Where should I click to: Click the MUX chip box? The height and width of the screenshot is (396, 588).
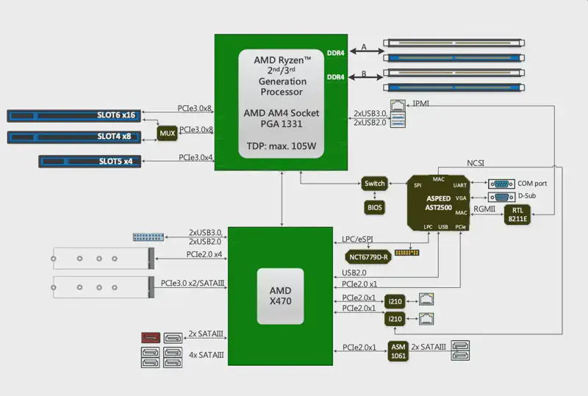168,133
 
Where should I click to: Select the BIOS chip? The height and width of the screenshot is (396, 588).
374,207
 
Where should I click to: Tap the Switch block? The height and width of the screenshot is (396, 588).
375,184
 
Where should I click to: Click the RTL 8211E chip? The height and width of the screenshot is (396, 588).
517,215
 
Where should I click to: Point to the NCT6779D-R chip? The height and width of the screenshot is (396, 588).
368,257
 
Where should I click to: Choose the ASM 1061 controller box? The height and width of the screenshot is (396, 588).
398,351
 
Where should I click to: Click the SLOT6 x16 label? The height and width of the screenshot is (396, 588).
116,115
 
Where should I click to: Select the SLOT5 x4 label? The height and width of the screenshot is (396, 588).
115,161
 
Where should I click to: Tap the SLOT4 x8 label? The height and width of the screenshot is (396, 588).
114,137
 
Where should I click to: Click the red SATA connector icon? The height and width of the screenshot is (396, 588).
151,337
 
